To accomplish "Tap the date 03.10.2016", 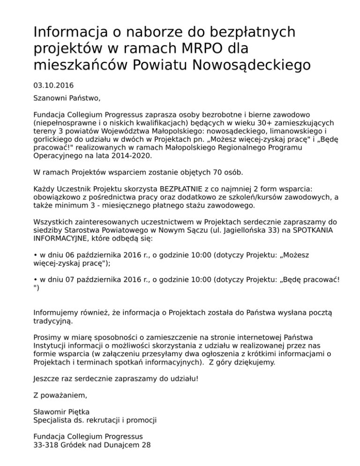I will click(53, 85).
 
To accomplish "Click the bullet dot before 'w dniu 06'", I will click(36, 255).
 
